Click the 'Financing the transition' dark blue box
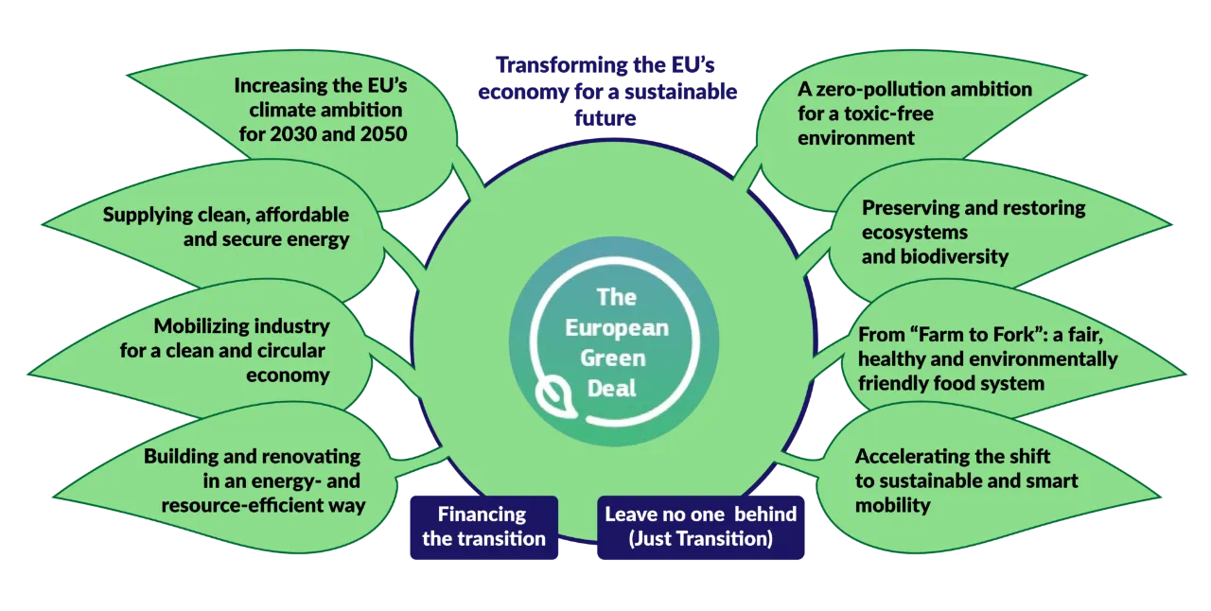tap(483, 527)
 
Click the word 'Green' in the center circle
tap(612, 358)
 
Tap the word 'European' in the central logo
tap(616, 328)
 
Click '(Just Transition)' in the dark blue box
tap(700, 539)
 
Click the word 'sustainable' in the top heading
tap(679, 93)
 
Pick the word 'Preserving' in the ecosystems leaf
tap(909, 208)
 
